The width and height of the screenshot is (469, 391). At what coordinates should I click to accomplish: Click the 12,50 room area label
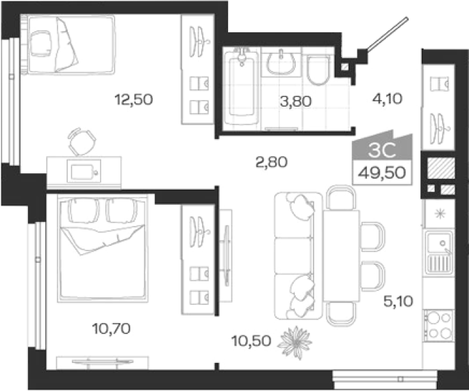click(x=134, y=99)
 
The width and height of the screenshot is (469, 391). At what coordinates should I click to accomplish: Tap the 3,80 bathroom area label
click(x=296, y=101)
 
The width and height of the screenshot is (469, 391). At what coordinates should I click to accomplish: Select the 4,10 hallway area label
click(x=388, y=99)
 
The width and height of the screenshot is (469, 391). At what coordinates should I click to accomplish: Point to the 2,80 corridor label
click(x=272, y=162)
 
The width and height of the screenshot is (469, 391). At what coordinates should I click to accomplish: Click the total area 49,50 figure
click(x=382, y=173)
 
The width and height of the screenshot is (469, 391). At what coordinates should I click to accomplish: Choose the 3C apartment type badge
click(x=382, y=150)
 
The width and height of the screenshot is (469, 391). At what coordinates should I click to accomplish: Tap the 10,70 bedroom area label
click(x=112, y=329)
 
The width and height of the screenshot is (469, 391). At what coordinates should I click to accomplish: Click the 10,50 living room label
click(x=251, y=341)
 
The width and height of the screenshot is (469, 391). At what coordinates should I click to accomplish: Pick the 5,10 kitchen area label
click(x=398, y=301)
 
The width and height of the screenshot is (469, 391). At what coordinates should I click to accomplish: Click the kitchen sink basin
click(x=440, y=242)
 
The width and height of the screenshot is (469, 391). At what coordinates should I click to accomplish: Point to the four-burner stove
click(x=439, y=326)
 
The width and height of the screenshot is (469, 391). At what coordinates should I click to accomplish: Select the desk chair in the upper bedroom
click(x=82, y=142)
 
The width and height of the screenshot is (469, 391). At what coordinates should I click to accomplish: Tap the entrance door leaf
click(x=388, y=34)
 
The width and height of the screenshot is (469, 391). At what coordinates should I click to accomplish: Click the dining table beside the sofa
click(x=341, y=256)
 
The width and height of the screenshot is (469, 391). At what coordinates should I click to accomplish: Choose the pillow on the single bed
click(x=40, y=43)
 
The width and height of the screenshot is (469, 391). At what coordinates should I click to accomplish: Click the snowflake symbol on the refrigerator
click(x=440, y=214)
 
